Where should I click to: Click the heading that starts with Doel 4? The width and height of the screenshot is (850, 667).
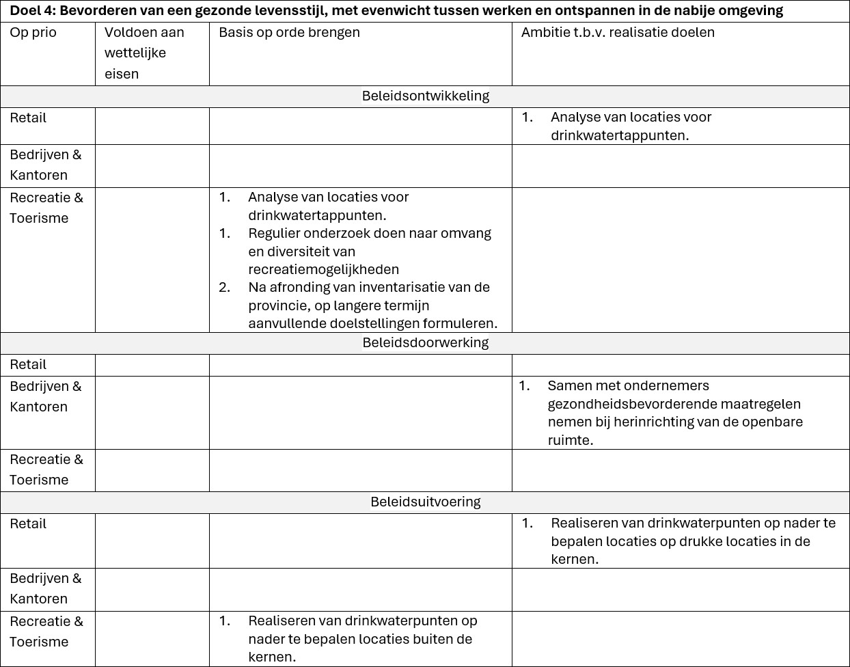tap(396, 11)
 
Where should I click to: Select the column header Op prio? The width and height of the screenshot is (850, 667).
tap(33, 33)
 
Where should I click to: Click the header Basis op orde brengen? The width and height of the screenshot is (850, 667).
tap(289, 33)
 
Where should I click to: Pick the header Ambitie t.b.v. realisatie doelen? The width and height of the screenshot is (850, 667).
tap(618, 33)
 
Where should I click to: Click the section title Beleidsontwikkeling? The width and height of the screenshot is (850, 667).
tap(425, 96)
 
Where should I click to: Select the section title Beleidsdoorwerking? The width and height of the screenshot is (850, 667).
tap(425, 342)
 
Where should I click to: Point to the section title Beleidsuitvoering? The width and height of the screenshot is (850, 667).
tap(425, 502)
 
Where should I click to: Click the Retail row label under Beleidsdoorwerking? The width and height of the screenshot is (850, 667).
tap(28, 365)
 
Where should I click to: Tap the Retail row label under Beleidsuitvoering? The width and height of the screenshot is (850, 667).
tap(28, 524)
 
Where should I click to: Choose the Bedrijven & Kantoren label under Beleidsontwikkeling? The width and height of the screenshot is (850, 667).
tap(45, 165)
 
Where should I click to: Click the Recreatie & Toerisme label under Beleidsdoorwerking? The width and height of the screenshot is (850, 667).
tap(46, 469)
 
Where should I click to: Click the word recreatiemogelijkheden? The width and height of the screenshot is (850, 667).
tap(323, 269)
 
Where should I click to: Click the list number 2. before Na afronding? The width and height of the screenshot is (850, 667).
tap(224, 288)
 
